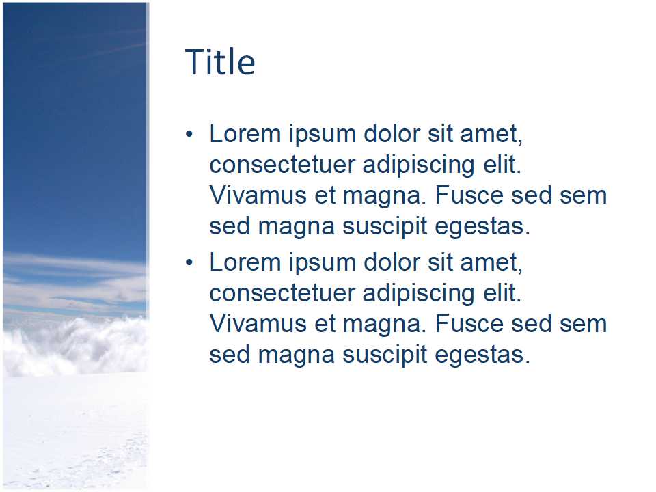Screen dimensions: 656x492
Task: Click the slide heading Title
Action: pyautogui.click(x=220, y=62)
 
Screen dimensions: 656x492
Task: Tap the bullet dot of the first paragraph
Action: pyautogui.click(x=189, y=134)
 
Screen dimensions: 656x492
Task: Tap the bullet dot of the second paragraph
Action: pyautogui.click(x=189, y=262)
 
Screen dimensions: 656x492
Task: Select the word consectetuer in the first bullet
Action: pyautogui.click(x=282, y=165)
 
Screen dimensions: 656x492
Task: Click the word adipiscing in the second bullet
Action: pyautogui.click(x=419, y=293)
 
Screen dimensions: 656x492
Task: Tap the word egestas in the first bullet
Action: pyautogui.click(x=483, y=226)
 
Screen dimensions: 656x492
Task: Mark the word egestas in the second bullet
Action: pyautogui.click(x=483, y=355)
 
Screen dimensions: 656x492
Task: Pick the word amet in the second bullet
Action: pyautogui.click(x=491, y=263)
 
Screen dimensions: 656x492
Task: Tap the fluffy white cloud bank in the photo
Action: pyautogui.click(x=75, y=345)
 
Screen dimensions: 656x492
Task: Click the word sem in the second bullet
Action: pyautogui.click(x=583, y=325)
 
